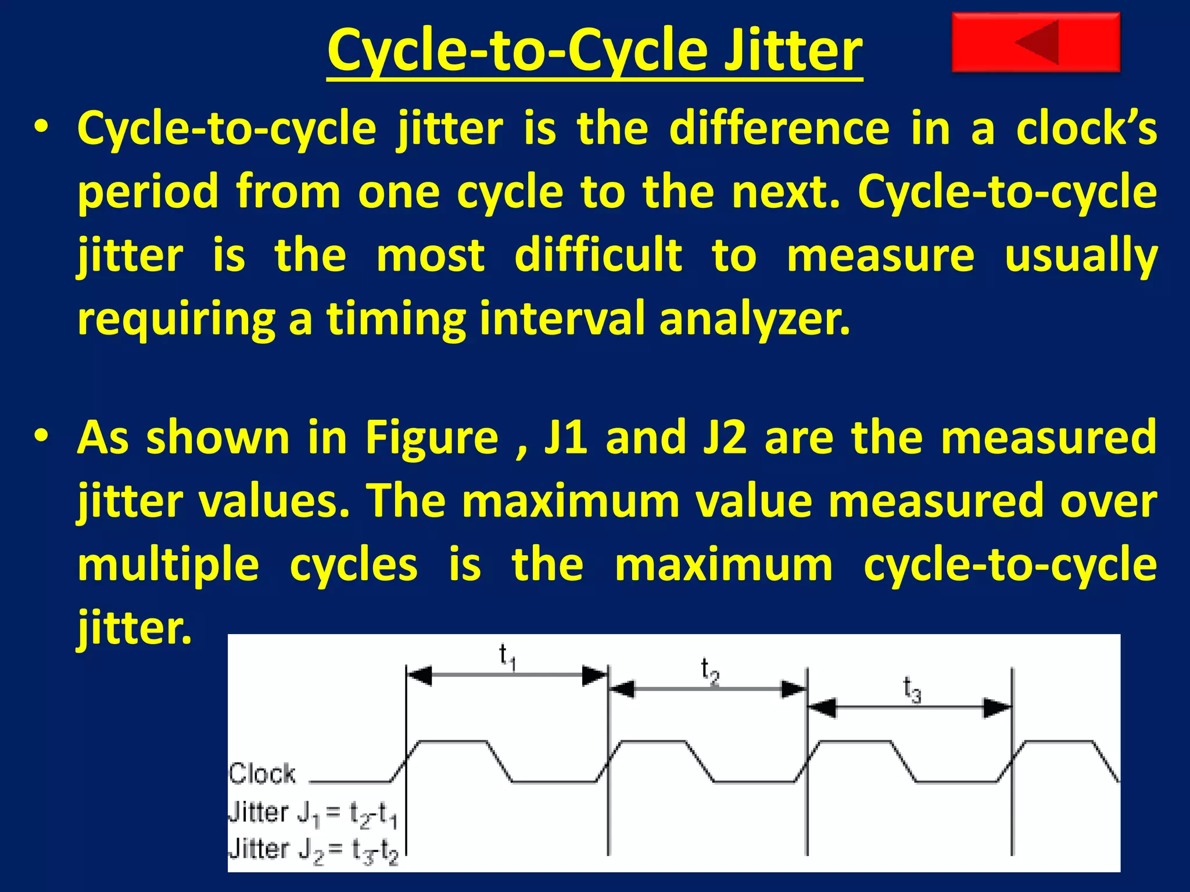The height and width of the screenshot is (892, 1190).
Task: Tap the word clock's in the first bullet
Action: pos(1085,128)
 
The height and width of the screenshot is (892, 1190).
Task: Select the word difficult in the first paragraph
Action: pos(598,255)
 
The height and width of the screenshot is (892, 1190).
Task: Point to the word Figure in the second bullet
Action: pos(431,437)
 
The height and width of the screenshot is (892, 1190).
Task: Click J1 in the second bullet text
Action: pos(565,437)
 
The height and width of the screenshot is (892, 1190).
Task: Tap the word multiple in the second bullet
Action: pos(168,566)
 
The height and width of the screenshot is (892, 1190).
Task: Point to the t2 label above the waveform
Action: pos(709,671)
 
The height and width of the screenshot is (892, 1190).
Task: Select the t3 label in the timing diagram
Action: pos(912,690)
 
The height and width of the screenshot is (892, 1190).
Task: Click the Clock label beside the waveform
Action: pos(262,774)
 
